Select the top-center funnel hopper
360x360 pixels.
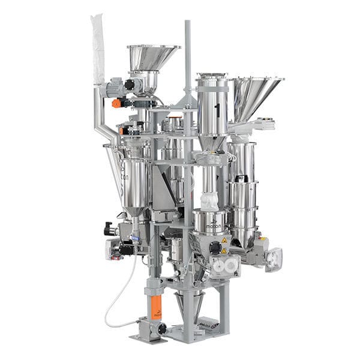click(x=152, y=58)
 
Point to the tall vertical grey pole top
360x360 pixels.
click(x=187, y=27)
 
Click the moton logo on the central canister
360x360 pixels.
click(x=210, y=227)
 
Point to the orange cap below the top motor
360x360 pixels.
click(x=116, y=103)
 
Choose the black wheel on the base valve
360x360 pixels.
click(x=161, y=329)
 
